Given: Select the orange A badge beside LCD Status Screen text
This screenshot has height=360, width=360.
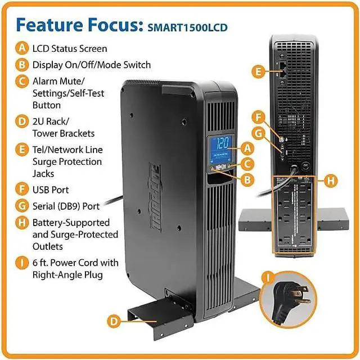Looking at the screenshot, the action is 21,48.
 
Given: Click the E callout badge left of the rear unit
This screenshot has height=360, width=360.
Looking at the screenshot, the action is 258,71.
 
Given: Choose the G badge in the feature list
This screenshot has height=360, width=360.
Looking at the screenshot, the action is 21,206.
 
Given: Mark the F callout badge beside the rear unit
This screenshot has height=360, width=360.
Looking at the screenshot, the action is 258,119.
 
